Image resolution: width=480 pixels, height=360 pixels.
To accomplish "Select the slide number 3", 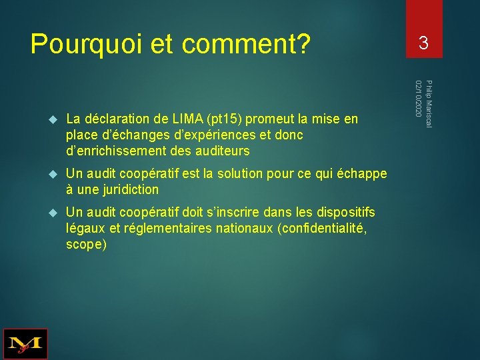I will tap(423, 45).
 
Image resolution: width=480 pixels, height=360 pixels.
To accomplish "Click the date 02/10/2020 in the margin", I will tap(418, 99).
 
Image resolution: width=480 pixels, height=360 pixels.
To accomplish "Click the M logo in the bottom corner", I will tap(25, 344).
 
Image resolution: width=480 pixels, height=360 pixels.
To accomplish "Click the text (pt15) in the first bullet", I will tap(226, 119).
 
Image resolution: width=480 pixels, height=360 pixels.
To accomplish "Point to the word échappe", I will tap(363, 174).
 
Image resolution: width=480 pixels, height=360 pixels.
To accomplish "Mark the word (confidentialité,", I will tap(317, 228).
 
